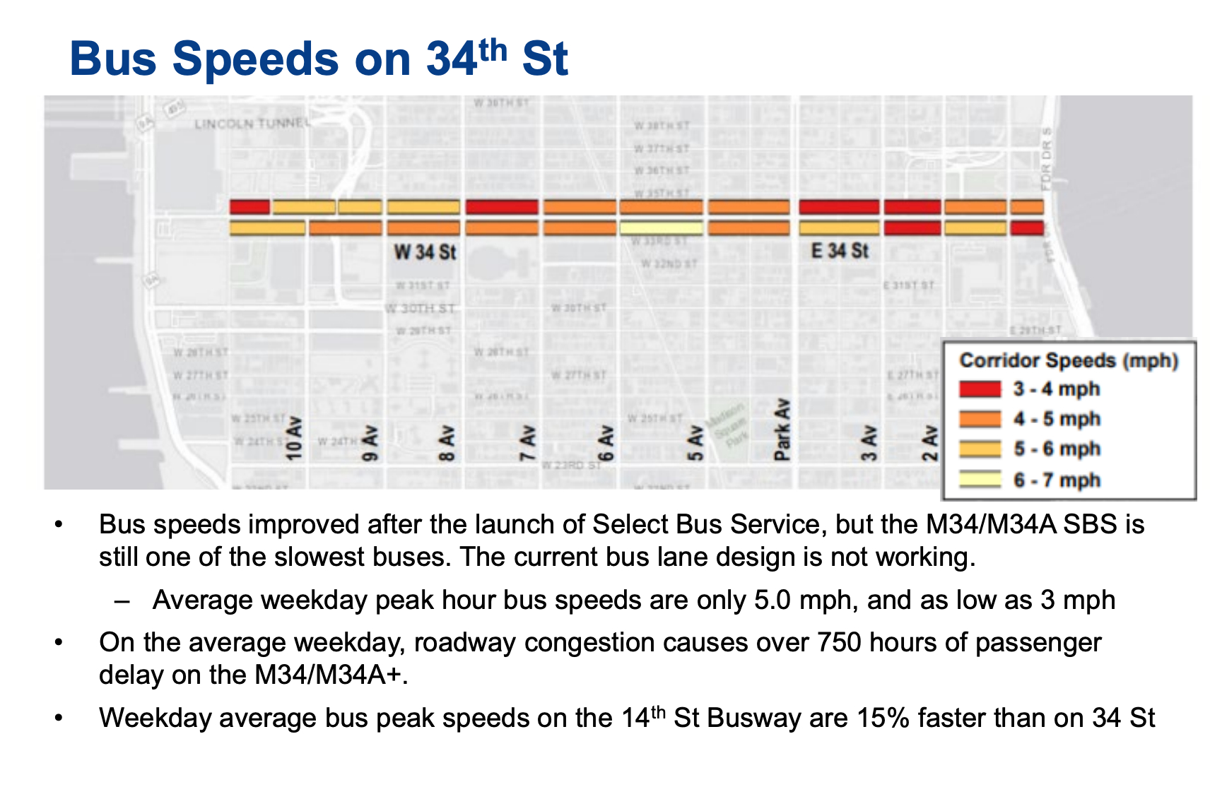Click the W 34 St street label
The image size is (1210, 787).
(x=425, y=252)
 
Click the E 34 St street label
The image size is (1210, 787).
(x=839, y=251)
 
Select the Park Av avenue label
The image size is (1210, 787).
(x=782, y=430)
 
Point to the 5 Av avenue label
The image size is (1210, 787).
(x=695, y=443)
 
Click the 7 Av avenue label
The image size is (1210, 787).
(x=527, y=443)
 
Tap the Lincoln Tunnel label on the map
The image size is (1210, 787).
(x=252, y=124)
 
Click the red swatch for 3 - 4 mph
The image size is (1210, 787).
(x=980, y=389)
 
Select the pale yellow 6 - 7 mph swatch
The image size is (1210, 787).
(x=980, y=480)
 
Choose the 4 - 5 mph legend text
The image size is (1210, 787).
(x=1057, y=419)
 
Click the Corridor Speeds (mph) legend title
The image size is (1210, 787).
(x=1069, y=361)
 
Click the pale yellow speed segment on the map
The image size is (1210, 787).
(x=661, y=228)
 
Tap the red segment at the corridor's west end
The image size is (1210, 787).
(x=249, y=207)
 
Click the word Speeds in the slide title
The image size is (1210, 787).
(x=255, y=59)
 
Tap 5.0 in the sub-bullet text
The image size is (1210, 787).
(x=772, y=600)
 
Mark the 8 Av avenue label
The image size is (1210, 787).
(x=446, y=443)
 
